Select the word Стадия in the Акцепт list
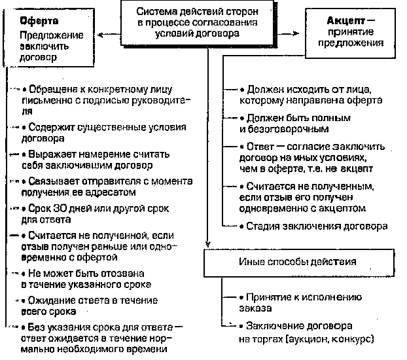click(x=262, y=226)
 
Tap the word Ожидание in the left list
click(x=50, y=300)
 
